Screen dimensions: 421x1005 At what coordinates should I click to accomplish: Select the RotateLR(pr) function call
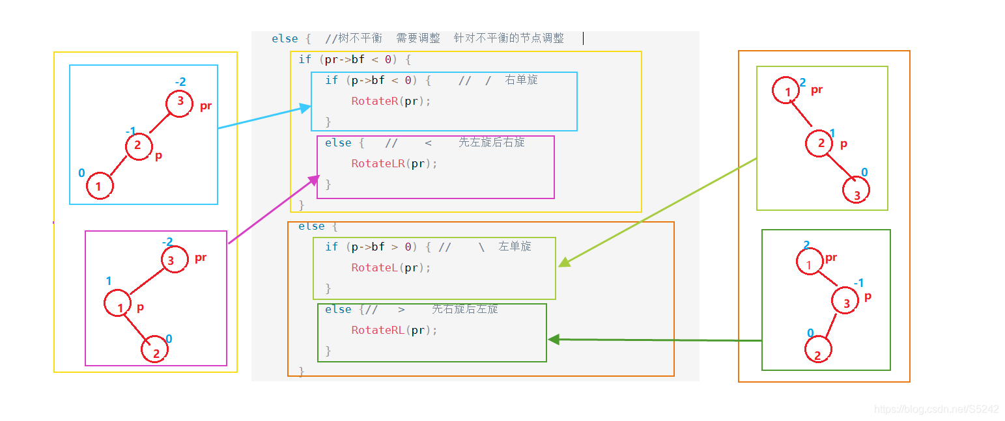(x=394, y=164)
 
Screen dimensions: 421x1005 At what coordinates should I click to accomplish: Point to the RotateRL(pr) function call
(x=394, y=330)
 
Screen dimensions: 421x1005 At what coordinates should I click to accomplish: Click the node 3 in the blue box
(x=179, y=103)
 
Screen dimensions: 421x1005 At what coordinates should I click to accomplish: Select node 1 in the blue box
(x=100, y=186)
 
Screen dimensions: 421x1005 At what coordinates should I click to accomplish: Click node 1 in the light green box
(x=787, y=90)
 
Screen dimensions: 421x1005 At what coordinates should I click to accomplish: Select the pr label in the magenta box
(x=201, y=258)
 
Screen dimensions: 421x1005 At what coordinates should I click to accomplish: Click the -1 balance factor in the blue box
(x=130, y=131)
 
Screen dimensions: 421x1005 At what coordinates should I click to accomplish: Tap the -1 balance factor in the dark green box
(x=858, y=283)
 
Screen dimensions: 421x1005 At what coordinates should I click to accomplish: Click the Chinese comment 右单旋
(x=521, y=80)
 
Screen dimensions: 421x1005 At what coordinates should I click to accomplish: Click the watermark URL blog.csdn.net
(x=935, y=409)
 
